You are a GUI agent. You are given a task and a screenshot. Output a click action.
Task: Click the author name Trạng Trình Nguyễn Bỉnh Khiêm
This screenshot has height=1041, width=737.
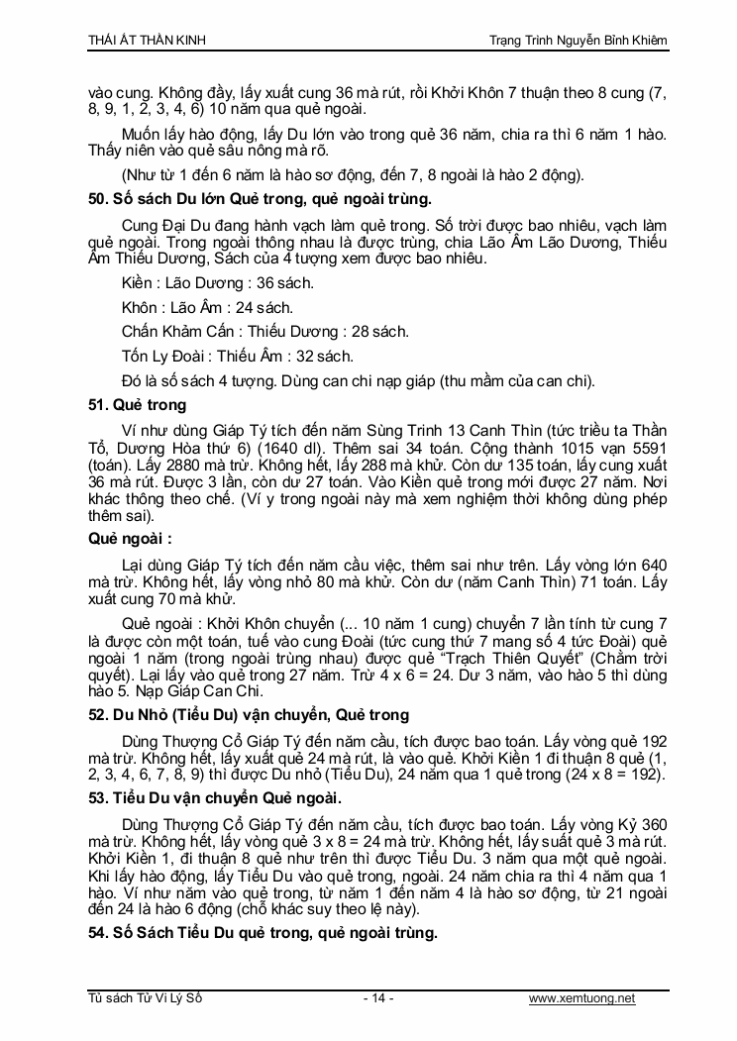(x=579, y=39)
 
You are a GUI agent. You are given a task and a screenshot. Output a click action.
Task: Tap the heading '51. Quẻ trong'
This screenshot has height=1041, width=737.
(x=137, y=404)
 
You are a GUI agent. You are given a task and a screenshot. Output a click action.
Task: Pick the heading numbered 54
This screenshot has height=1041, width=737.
(x=263, y=932)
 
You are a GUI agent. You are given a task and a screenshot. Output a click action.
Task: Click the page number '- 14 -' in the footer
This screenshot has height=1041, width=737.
(x=378, y=998)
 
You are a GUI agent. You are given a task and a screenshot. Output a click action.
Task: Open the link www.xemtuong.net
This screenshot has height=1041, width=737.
(x=582, y=998)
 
